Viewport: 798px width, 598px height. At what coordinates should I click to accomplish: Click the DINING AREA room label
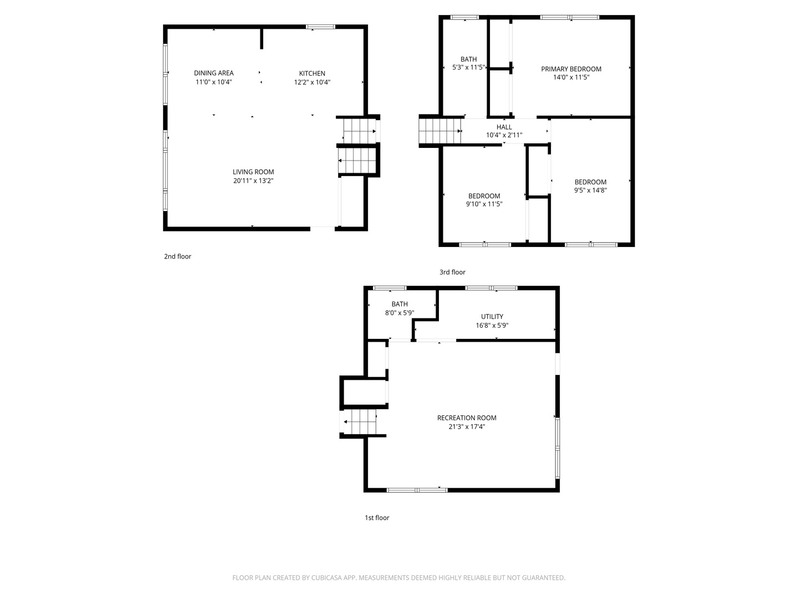tap(213, 73)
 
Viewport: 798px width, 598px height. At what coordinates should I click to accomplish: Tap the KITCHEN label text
tap(312, 73)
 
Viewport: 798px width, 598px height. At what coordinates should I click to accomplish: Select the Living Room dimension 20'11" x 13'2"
tap(253, 181)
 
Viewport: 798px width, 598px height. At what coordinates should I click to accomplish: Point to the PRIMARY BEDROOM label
tap(571, 69)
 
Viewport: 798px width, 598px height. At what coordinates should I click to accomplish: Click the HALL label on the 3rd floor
tap(504, 127)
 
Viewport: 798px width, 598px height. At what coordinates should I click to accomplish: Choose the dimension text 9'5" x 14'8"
tap(590, 190)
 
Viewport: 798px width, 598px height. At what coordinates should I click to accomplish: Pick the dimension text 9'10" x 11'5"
tap(484, 204)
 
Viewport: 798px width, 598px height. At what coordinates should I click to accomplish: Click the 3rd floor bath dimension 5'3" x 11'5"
tap(468, 67)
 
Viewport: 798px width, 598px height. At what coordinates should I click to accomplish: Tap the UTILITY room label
tap(492, 317)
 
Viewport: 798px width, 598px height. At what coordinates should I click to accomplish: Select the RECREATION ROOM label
tap(467, 418)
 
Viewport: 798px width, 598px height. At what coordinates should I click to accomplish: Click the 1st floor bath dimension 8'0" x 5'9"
tap(399, 313)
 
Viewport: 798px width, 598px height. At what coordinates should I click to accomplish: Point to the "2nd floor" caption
tap(177, 256)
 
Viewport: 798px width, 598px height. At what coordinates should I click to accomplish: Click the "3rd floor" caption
tap(452, 272)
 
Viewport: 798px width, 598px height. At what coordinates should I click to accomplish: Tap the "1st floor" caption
tap(377, 518)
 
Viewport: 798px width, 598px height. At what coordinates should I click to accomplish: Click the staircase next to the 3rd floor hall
tap(439, 131)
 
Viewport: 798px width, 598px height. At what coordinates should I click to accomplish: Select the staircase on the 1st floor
tap(360, 422)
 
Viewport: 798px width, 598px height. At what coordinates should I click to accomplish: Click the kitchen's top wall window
tap(320, 27)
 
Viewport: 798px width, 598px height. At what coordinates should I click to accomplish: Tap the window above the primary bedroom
tap(569, 17)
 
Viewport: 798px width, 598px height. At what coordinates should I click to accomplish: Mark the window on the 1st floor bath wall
tap(390, 288)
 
